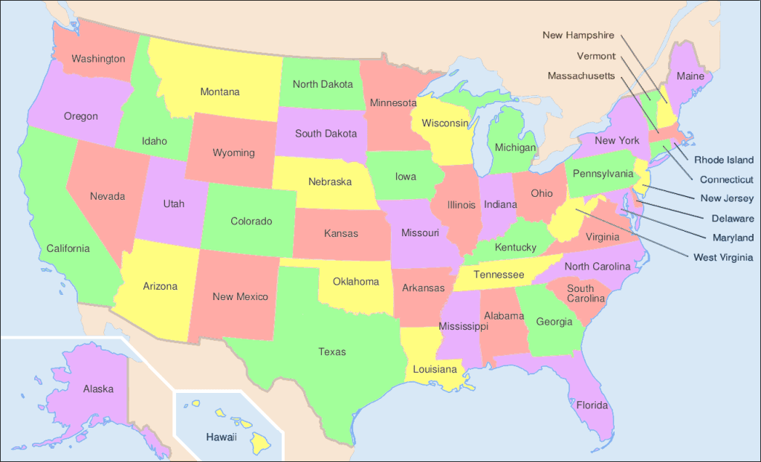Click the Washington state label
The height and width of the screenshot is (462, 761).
click(x=98, y=58)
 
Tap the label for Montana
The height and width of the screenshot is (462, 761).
click(x=220, y=92)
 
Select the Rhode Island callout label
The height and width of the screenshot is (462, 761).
click(x=724, y=160)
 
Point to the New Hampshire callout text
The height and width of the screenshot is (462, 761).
click(x=578, y=35)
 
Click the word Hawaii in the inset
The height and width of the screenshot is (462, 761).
click(x=221, y=437)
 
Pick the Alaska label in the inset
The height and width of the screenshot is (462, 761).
click(x=98, y=388)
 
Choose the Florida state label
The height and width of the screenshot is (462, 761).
click(x=592, y=406)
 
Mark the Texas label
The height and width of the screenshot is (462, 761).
click(x=332, y=351)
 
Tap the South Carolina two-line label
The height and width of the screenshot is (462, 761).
click(x=580, y=293)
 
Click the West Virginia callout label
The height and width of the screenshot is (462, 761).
click(x=723, y=257)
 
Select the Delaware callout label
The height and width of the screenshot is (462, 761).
click(x=727, y=218)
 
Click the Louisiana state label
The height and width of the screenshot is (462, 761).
click(x=435, y=369)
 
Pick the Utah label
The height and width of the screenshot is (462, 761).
click(x=174, y=204)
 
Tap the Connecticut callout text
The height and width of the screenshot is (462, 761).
click(x=726, y=179)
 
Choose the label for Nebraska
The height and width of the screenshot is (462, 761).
click(x=330, y=181)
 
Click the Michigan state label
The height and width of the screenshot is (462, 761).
click(x=515, y=148)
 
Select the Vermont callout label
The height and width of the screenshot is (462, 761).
click(x=596, y=56)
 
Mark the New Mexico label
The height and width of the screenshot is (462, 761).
click(x=240, y=297)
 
